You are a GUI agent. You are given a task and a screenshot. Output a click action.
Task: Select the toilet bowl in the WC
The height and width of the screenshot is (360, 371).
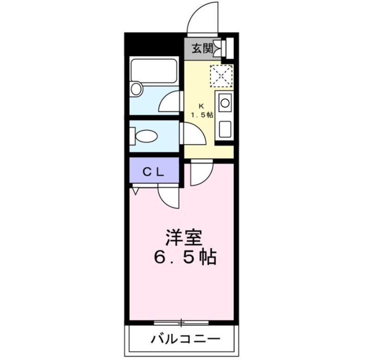point(147,136)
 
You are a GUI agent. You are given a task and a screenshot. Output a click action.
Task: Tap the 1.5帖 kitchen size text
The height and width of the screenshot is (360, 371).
point(201,115)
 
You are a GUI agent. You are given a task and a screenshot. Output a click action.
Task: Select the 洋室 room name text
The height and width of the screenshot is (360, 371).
point(184,238)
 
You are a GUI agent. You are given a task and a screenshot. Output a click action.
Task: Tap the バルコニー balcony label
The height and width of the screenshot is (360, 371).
point(185,339)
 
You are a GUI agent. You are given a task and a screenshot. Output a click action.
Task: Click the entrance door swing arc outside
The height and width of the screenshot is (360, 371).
point(203,19)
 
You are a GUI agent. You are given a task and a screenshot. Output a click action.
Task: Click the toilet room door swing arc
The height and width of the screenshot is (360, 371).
point(191,134)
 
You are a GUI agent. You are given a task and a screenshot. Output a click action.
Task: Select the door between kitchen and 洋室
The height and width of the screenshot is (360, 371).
point(200,173)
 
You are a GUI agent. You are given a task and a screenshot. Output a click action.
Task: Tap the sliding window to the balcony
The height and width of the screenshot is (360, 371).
point(181,321)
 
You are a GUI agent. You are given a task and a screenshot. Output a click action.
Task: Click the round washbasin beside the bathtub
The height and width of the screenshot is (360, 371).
point(136,89)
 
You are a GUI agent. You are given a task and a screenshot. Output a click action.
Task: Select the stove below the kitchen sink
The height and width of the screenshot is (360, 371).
point(225,129)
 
